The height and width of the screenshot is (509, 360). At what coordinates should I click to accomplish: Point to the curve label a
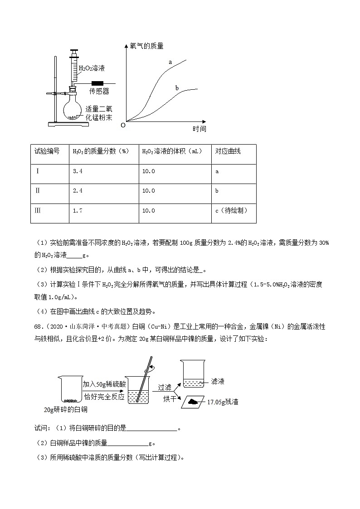coord(170,62)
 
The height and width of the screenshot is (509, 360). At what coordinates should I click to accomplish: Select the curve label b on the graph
coord(177,87)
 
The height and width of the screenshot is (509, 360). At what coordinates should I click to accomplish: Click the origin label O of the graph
coord(122,125)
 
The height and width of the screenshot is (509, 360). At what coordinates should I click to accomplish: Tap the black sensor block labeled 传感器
coord(98,83)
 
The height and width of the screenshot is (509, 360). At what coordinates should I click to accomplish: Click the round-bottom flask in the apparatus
coord(73,109)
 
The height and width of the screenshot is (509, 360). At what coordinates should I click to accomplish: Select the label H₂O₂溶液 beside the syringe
coord(92,68)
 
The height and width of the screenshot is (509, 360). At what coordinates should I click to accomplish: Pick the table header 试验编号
coord(47,151)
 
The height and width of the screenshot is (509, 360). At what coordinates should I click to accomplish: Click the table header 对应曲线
coord(228,151)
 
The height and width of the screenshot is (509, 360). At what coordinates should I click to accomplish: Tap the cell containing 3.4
coord(78,171)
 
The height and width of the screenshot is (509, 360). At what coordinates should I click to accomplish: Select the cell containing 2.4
coord(78,191)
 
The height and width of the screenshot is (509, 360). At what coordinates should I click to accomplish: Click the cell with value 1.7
coord(78,211)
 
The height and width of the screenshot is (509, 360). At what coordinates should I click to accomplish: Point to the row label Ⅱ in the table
coord(38,191)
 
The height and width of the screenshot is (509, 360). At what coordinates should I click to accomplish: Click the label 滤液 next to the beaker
coord(218,382)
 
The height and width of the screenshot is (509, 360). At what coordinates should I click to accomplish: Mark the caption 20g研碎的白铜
coord(65,409)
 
